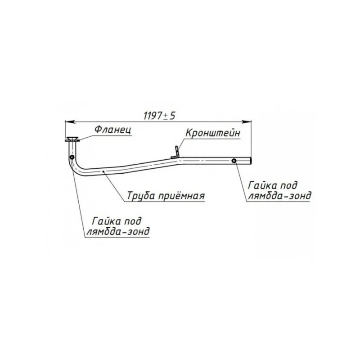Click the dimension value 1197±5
coord(159,116)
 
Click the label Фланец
coord(113,130)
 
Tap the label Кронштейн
coord(212,133)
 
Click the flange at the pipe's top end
coord(72,139)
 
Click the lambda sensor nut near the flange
coord(72,157)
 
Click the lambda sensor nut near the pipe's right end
coord(234,161)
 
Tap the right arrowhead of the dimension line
coord(247,121)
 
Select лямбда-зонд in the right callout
coord(280,196)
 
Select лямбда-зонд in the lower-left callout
coord(118,231)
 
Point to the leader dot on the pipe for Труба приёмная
coord(103,171)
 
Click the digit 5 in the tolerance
coord(172,116)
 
